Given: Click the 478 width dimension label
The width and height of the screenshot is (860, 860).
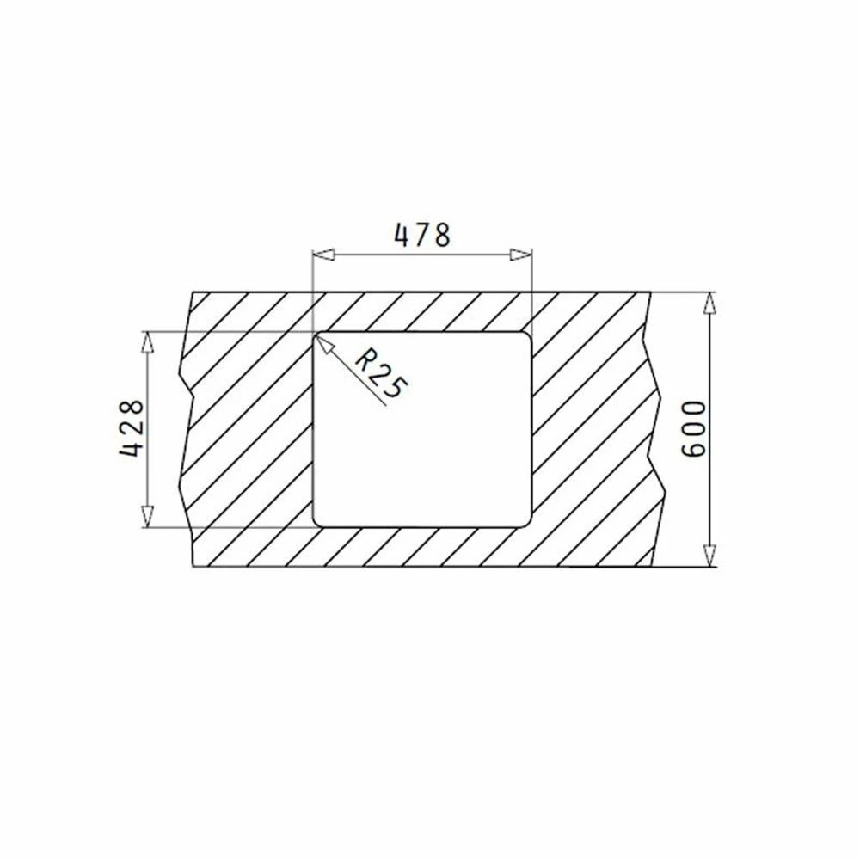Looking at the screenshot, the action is [422, 235].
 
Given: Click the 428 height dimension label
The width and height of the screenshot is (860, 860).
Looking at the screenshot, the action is [132, 429].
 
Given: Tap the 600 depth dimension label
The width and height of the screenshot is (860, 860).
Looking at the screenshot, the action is [692, 429].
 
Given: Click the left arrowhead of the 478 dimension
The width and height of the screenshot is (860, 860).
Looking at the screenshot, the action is [323, 255].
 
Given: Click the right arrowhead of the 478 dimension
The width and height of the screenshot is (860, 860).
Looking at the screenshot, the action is [521, 255].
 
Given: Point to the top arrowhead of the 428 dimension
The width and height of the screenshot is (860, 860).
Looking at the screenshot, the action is [146, 342].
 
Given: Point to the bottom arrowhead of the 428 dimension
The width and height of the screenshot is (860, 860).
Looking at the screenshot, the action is [146, 517].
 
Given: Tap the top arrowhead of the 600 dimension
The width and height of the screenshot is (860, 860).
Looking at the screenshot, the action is [710, 303].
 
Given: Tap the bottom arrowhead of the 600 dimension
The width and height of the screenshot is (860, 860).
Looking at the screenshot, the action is [710, 556].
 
